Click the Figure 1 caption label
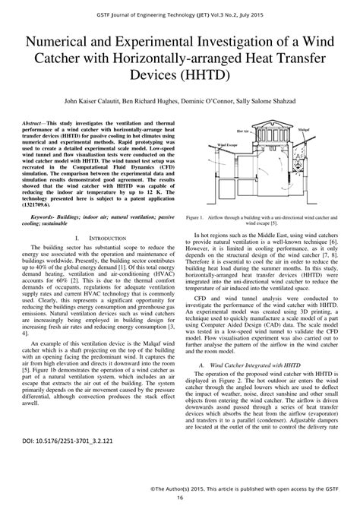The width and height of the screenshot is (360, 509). click(x=197, y=217)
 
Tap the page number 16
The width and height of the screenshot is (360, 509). click(x=180, y=498)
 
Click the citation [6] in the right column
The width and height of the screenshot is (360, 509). click(x=329, y=239)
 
